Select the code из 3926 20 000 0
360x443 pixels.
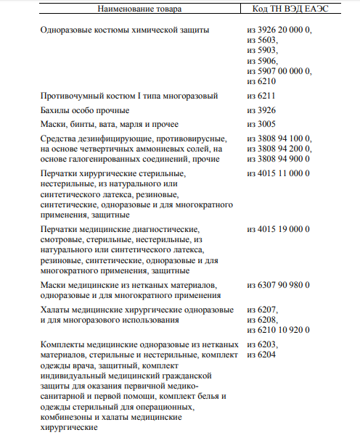pos(279,30)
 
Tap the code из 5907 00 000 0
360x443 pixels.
pos(279,71)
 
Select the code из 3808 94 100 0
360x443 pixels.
pos(279,138)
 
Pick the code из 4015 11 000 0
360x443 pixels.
pos(279,174)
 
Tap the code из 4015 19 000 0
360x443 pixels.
pos(279,230)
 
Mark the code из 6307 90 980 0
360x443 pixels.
pos(279,286)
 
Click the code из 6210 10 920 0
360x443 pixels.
pos(279,331)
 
